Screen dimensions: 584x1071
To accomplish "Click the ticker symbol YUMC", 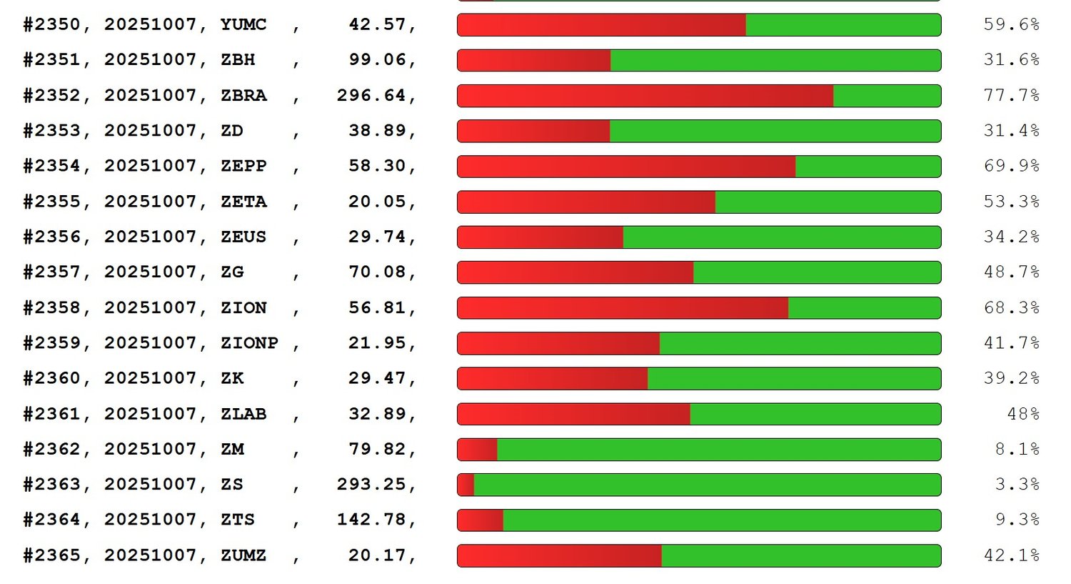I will point(243,25).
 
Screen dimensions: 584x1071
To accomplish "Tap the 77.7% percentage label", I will point(1011,96).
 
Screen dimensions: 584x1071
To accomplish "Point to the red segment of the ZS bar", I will point(466,485).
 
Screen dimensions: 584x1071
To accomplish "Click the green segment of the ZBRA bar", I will point(887,96).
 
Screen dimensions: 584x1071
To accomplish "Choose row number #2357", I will point(52,272).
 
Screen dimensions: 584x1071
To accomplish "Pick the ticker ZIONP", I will point(249,343).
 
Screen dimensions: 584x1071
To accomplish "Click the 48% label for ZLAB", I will point(1022,414).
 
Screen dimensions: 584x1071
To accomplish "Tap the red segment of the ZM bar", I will point(478,450).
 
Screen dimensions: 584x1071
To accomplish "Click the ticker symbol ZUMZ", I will point(243,555).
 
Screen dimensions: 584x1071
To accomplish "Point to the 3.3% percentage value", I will point(1017,485).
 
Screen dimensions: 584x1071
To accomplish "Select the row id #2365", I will point(52,555).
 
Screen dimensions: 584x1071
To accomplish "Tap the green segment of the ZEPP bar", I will point(868,167).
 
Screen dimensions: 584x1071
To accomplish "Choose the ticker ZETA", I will point(243,202).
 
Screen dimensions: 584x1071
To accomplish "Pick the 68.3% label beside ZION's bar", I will point(1011,308).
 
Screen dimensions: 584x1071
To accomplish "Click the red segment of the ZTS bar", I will point(481,520).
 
